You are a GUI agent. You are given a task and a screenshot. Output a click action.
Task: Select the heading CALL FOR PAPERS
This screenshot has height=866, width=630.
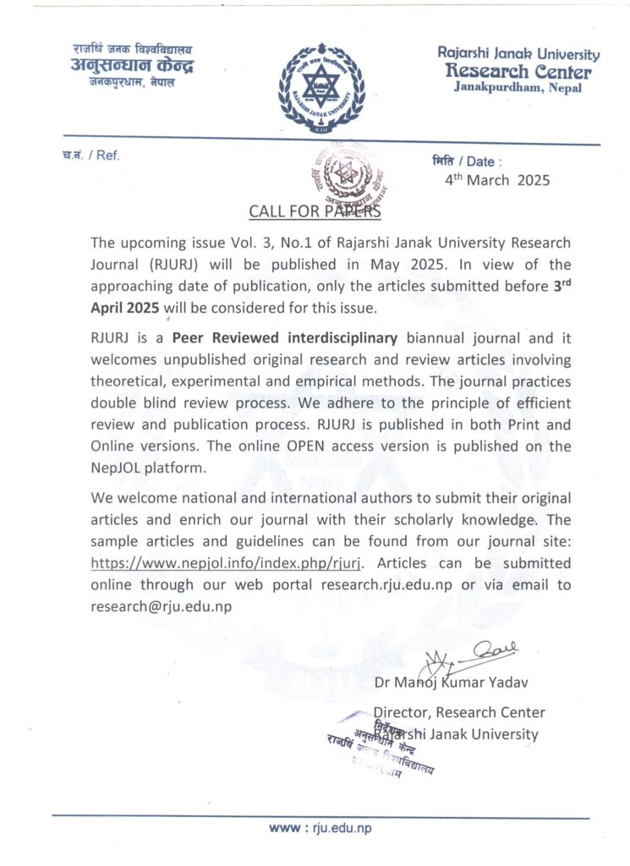point(315,211)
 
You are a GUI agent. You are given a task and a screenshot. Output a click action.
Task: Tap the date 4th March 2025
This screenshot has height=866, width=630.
point(497,179)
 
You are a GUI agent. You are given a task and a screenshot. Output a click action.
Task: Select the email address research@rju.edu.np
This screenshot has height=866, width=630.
point(162,606)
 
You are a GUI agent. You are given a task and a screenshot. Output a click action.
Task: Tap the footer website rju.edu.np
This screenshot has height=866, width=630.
point(320,829)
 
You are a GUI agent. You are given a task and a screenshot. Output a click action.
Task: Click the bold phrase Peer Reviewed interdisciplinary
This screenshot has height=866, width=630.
point(284,338)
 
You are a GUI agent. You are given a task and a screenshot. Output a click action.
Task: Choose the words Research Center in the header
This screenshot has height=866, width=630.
point(519,71)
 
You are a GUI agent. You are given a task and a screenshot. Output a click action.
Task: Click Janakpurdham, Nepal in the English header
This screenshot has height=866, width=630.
point(518,88)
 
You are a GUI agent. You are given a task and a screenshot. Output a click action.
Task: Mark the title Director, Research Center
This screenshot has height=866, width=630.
point(459,713)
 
